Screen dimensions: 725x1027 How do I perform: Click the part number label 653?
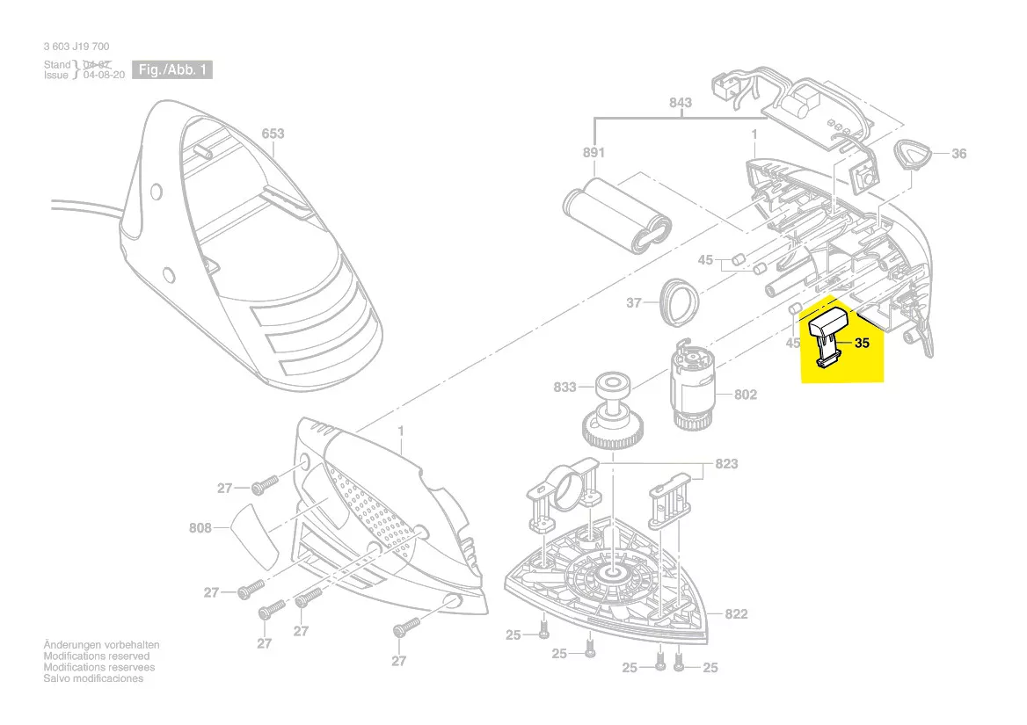tap(273, 134)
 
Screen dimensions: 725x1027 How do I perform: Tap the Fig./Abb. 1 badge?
tap(171, 70)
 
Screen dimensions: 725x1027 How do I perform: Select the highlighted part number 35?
tap(862, 344)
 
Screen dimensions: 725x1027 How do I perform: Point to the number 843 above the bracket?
tap(680, 103)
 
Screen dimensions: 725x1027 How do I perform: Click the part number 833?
tap(564, 387)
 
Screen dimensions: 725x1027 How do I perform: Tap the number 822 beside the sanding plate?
tap(736, 613)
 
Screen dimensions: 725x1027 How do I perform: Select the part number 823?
tap(726, 463)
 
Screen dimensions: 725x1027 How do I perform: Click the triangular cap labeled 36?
tap(912, 156)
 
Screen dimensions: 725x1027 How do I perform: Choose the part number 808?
tap(200, 528)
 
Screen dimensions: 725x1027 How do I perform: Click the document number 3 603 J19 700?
tap(76, 47)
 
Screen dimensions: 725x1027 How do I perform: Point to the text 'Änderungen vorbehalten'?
tap(101, 645)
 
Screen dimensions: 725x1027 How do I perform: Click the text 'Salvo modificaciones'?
tap(93, 678)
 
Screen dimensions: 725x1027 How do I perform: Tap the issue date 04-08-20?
tap(103, 76)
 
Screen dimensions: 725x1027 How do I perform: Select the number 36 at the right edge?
tap(958, 154)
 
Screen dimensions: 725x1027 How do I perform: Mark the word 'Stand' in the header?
tap(57, 65)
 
